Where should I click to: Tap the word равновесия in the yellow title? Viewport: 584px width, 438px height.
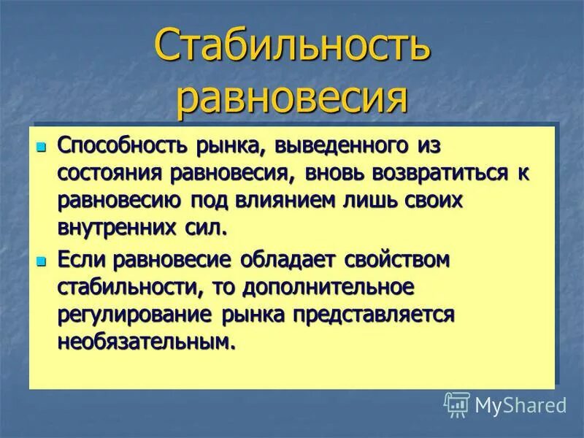point(292,99)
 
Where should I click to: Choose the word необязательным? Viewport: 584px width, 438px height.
point(147,341)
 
